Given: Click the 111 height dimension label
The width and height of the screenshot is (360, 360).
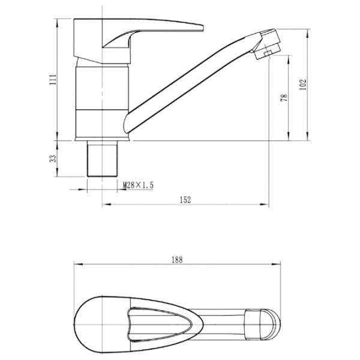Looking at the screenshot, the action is pyautogui.click(x=53, y=79).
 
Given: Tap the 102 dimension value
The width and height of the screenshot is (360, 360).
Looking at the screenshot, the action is pyautogui.click(x=303, y=85).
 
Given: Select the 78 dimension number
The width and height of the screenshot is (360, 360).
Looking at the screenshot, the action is pyautogui.click(x=284, y=98).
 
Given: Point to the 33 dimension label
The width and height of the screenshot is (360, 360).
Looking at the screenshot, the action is pyautogui.click(x=53, y=158).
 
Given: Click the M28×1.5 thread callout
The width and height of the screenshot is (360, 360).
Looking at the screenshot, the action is pyautogui.click(x=138, y=185).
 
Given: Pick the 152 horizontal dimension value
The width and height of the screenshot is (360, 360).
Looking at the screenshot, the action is pyautogui.click(x=185, y=200).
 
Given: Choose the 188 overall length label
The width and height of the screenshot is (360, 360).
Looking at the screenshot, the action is pyautogui.click(x=177, y=260).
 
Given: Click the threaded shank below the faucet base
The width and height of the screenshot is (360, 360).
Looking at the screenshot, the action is pyautogui.click(x=102, y=158).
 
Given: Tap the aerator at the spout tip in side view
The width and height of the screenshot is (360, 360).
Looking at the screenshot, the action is pyautogui.click(x=268, y=44).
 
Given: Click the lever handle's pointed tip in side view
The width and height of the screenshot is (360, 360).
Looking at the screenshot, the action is pyautogui.click(x=202, y=28).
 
